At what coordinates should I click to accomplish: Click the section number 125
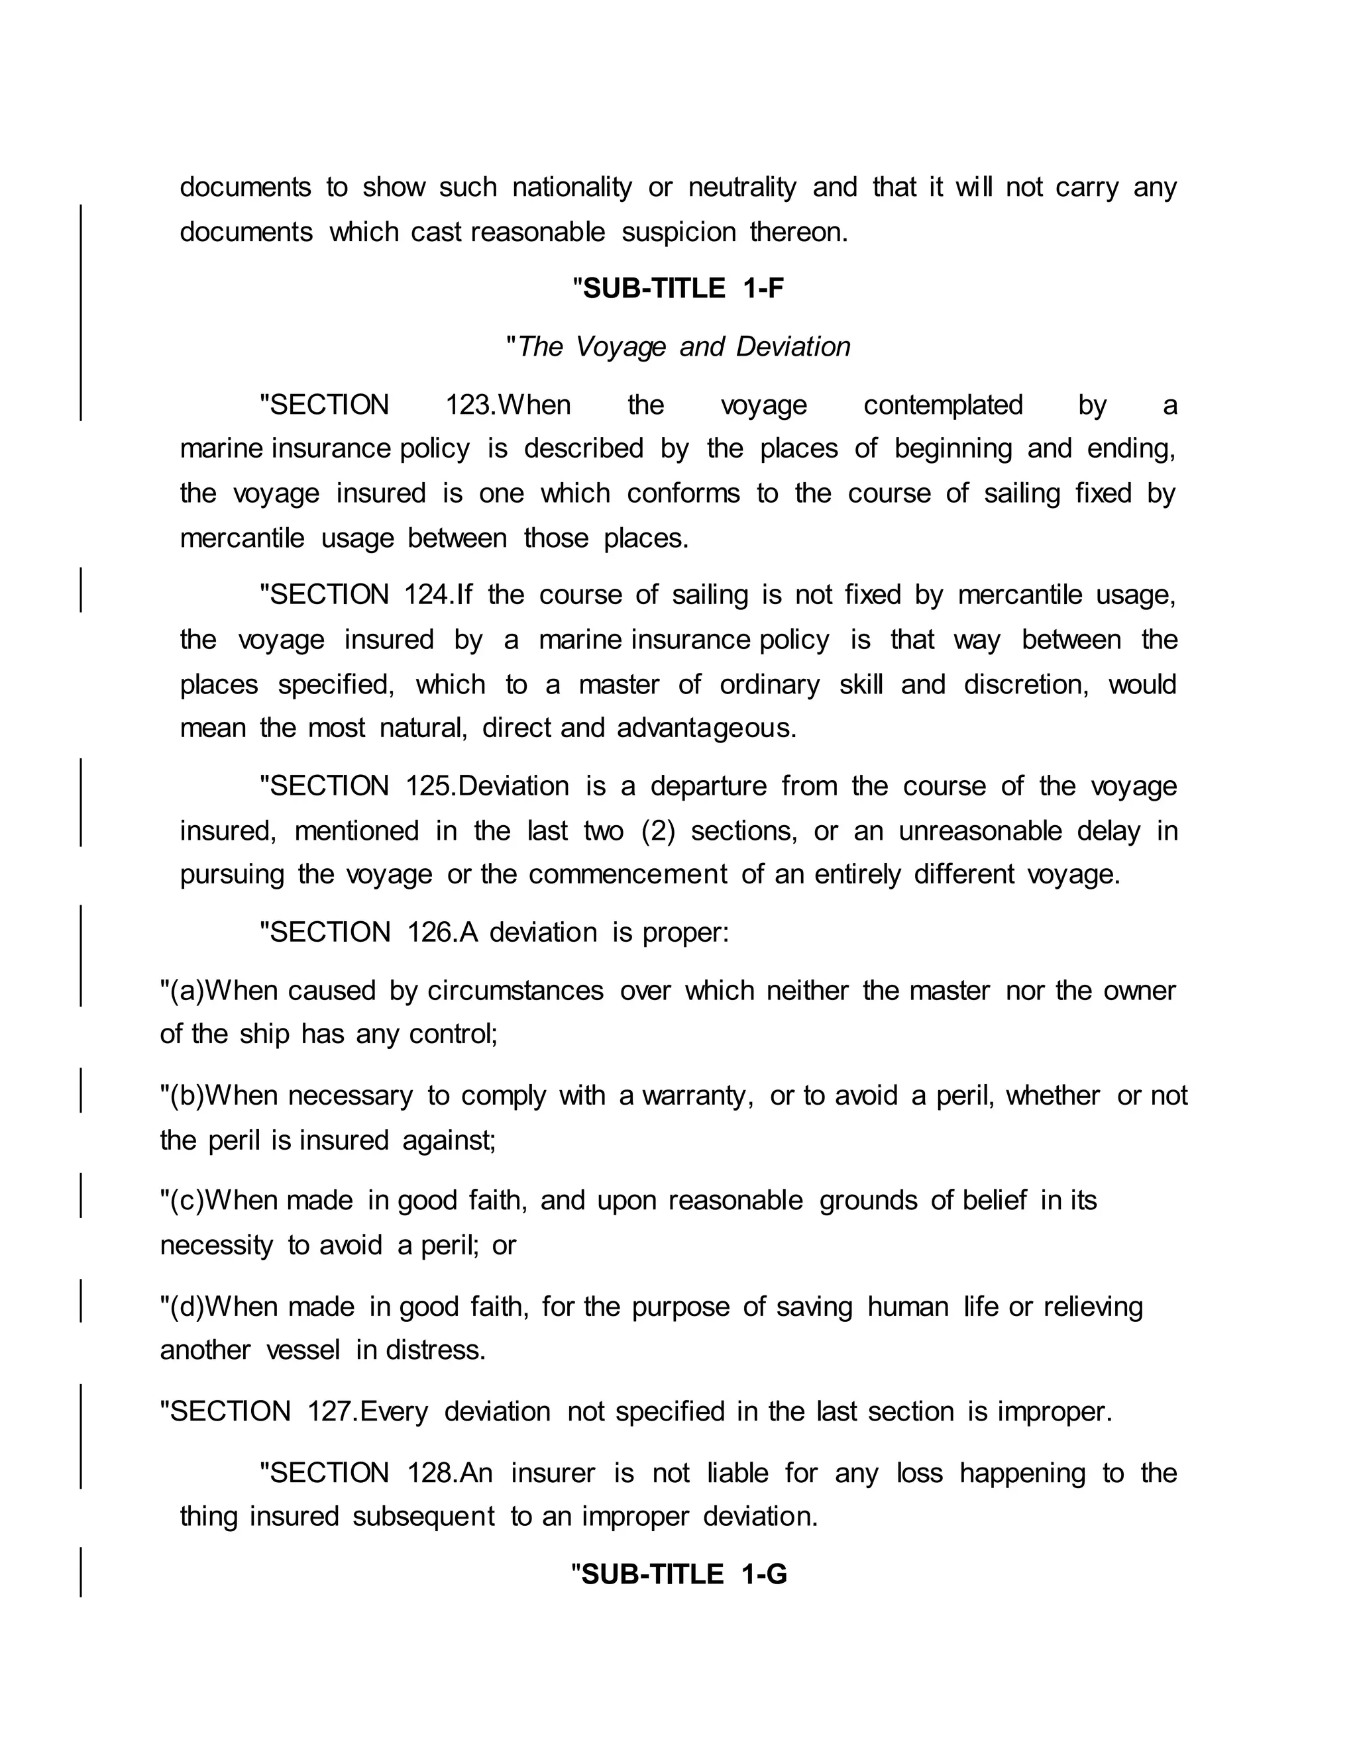click(x=430, y=786)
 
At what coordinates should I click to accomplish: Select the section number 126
click(x=431, y=933)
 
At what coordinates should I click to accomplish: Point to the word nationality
click(x=572, y=187)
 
